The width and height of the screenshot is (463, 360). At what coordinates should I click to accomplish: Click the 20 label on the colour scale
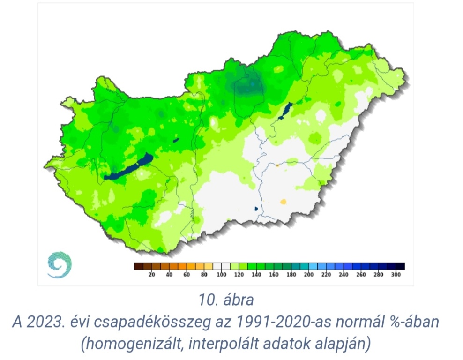(151, 275)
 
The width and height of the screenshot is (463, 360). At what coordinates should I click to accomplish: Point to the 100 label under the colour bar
(221, 275)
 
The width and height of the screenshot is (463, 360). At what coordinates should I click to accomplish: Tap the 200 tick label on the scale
(308, 275)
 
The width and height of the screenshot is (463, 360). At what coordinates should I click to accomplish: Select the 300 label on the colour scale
(396, 275)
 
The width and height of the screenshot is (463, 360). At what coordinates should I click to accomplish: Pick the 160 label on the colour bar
(274, 275)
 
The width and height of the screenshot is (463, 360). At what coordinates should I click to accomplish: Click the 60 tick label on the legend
(187, 275)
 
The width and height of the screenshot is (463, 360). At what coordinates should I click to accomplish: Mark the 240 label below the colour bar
(344, 275)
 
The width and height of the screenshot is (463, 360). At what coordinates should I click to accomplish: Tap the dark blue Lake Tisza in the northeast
(284, 111)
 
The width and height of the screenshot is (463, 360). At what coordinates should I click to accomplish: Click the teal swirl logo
(60, 264)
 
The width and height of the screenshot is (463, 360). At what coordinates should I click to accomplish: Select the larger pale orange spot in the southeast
(283, 202)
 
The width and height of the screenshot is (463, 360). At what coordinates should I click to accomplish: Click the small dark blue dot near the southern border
(256, 208)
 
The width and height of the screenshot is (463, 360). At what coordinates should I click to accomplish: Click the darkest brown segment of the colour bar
(138, 266)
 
